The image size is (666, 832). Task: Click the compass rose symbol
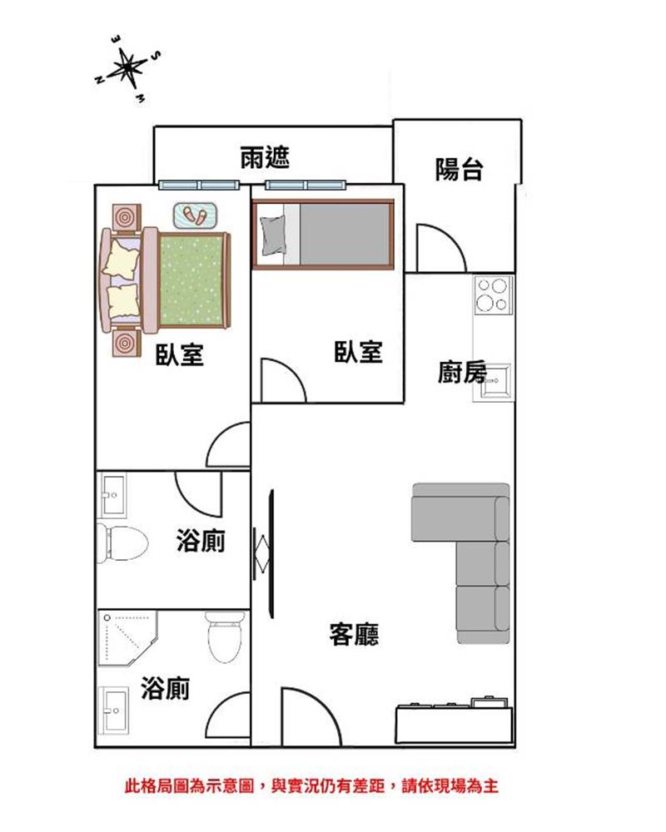tap(127, 68)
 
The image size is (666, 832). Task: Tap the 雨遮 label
tap(265, 157)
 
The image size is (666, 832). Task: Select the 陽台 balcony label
tap(460, 169)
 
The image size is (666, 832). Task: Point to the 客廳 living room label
tap(355, 634)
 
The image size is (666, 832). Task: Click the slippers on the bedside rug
tap(195, 215)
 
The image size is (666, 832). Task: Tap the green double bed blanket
tap(191, 280)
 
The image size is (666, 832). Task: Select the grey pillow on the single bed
tap(272, 235)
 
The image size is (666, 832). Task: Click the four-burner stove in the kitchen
tap(494, 295)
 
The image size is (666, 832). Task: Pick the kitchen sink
tap(495, 382)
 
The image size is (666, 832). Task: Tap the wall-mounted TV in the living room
tap(271, 553)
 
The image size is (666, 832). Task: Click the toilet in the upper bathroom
tap(122, 542)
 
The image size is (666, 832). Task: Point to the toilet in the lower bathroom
tap(225, 636)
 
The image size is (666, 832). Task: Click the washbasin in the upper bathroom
tap(112, 494)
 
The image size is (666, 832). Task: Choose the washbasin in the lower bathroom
tap(114, 711)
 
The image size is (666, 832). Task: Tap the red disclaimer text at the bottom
tap(311, 786)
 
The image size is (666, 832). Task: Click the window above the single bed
tap(306, 185)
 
